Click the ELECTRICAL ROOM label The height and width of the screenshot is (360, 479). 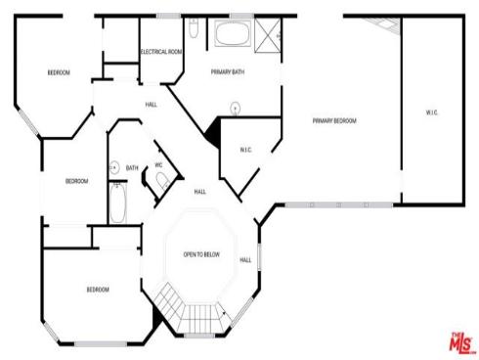pyautogui.click(x=161, y=52)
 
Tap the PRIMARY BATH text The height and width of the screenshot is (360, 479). pyautogui.click(x=227, y=72)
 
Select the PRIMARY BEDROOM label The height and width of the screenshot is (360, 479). pyautogui.click(x=334, y=121)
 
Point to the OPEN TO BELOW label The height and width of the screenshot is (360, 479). pyautogui.click(x=201, y=254)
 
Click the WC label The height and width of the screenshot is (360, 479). pyautogui.click(x=158, y=165)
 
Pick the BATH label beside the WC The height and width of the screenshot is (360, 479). pyautogui.click(x=132, y=168)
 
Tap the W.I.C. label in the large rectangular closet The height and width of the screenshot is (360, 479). pyautogui.click(x=432, y=112)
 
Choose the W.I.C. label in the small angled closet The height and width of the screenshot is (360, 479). pyautogui.click(x=246, y=150)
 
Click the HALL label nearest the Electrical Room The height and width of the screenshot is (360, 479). pyautogui.click(x=152, y=104)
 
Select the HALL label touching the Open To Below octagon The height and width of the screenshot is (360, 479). pyautogui.click(x=245, y=259)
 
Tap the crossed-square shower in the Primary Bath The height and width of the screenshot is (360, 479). pyautogui.click(x=267, y=35)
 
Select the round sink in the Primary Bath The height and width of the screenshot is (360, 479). pyautogui.click(x=235, y=107)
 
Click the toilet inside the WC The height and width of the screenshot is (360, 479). pyautogui.click(x=164, y=180)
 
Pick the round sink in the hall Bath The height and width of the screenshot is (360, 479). pyautogui.click(x=113, y=166)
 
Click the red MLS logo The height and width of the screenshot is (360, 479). pyautogui.click(x=457, y=342)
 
